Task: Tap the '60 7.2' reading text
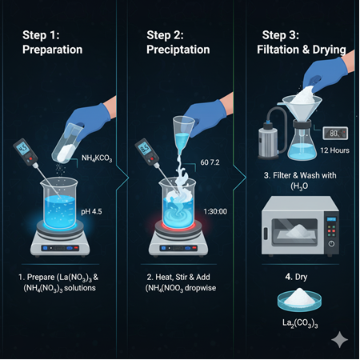(x=210, y=162)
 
